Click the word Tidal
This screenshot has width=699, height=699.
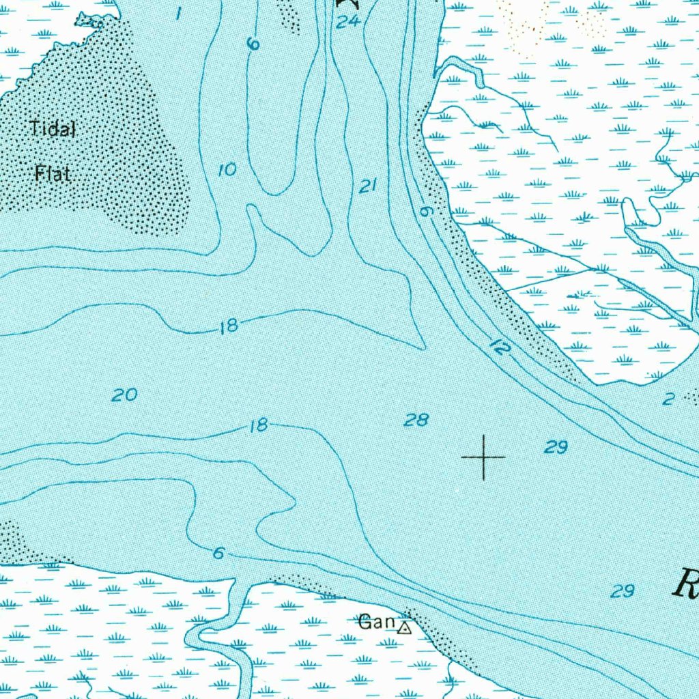(53, 128)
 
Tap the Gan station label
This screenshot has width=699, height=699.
(377, 622)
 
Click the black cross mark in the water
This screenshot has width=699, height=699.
(484, 457)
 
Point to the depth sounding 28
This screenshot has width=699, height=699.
(416, 420)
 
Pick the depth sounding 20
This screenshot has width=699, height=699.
(125, 395)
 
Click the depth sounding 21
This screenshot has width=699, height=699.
(369, 186)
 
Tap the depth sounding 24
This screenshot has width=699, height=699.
(347, 22)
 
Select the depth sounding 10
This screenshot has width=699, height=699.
(227, 170)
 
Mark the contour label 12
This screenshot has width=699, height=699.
(501, 347)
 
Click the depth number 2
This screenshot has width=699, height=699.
(668, 399)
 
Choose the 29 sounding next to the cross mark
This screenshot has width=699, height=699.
(556, 447)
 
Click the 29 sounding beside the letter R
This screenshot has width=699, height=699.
(623, 591)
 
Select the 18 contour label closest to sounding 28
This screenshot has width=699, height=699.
(258, 427)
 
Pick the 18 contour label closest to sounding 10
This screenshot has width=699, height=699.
(229, 326)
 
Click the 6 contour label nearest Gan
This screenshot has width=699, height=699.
(218, 554)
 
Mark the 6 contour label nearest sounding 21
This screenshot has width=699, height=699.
(427, 212)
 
